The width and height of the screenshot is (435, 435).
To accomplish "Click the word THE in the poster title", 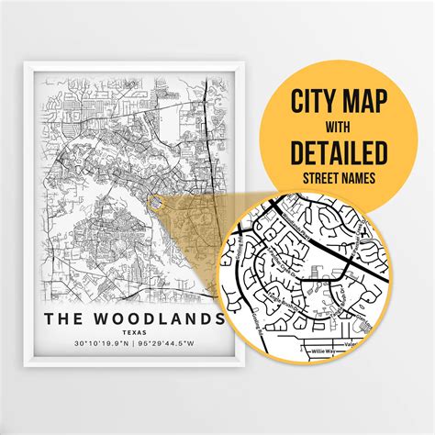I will pos(66,318).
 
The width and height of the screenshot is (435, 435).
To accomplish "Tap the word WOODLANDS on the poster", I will pos(160,318).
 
